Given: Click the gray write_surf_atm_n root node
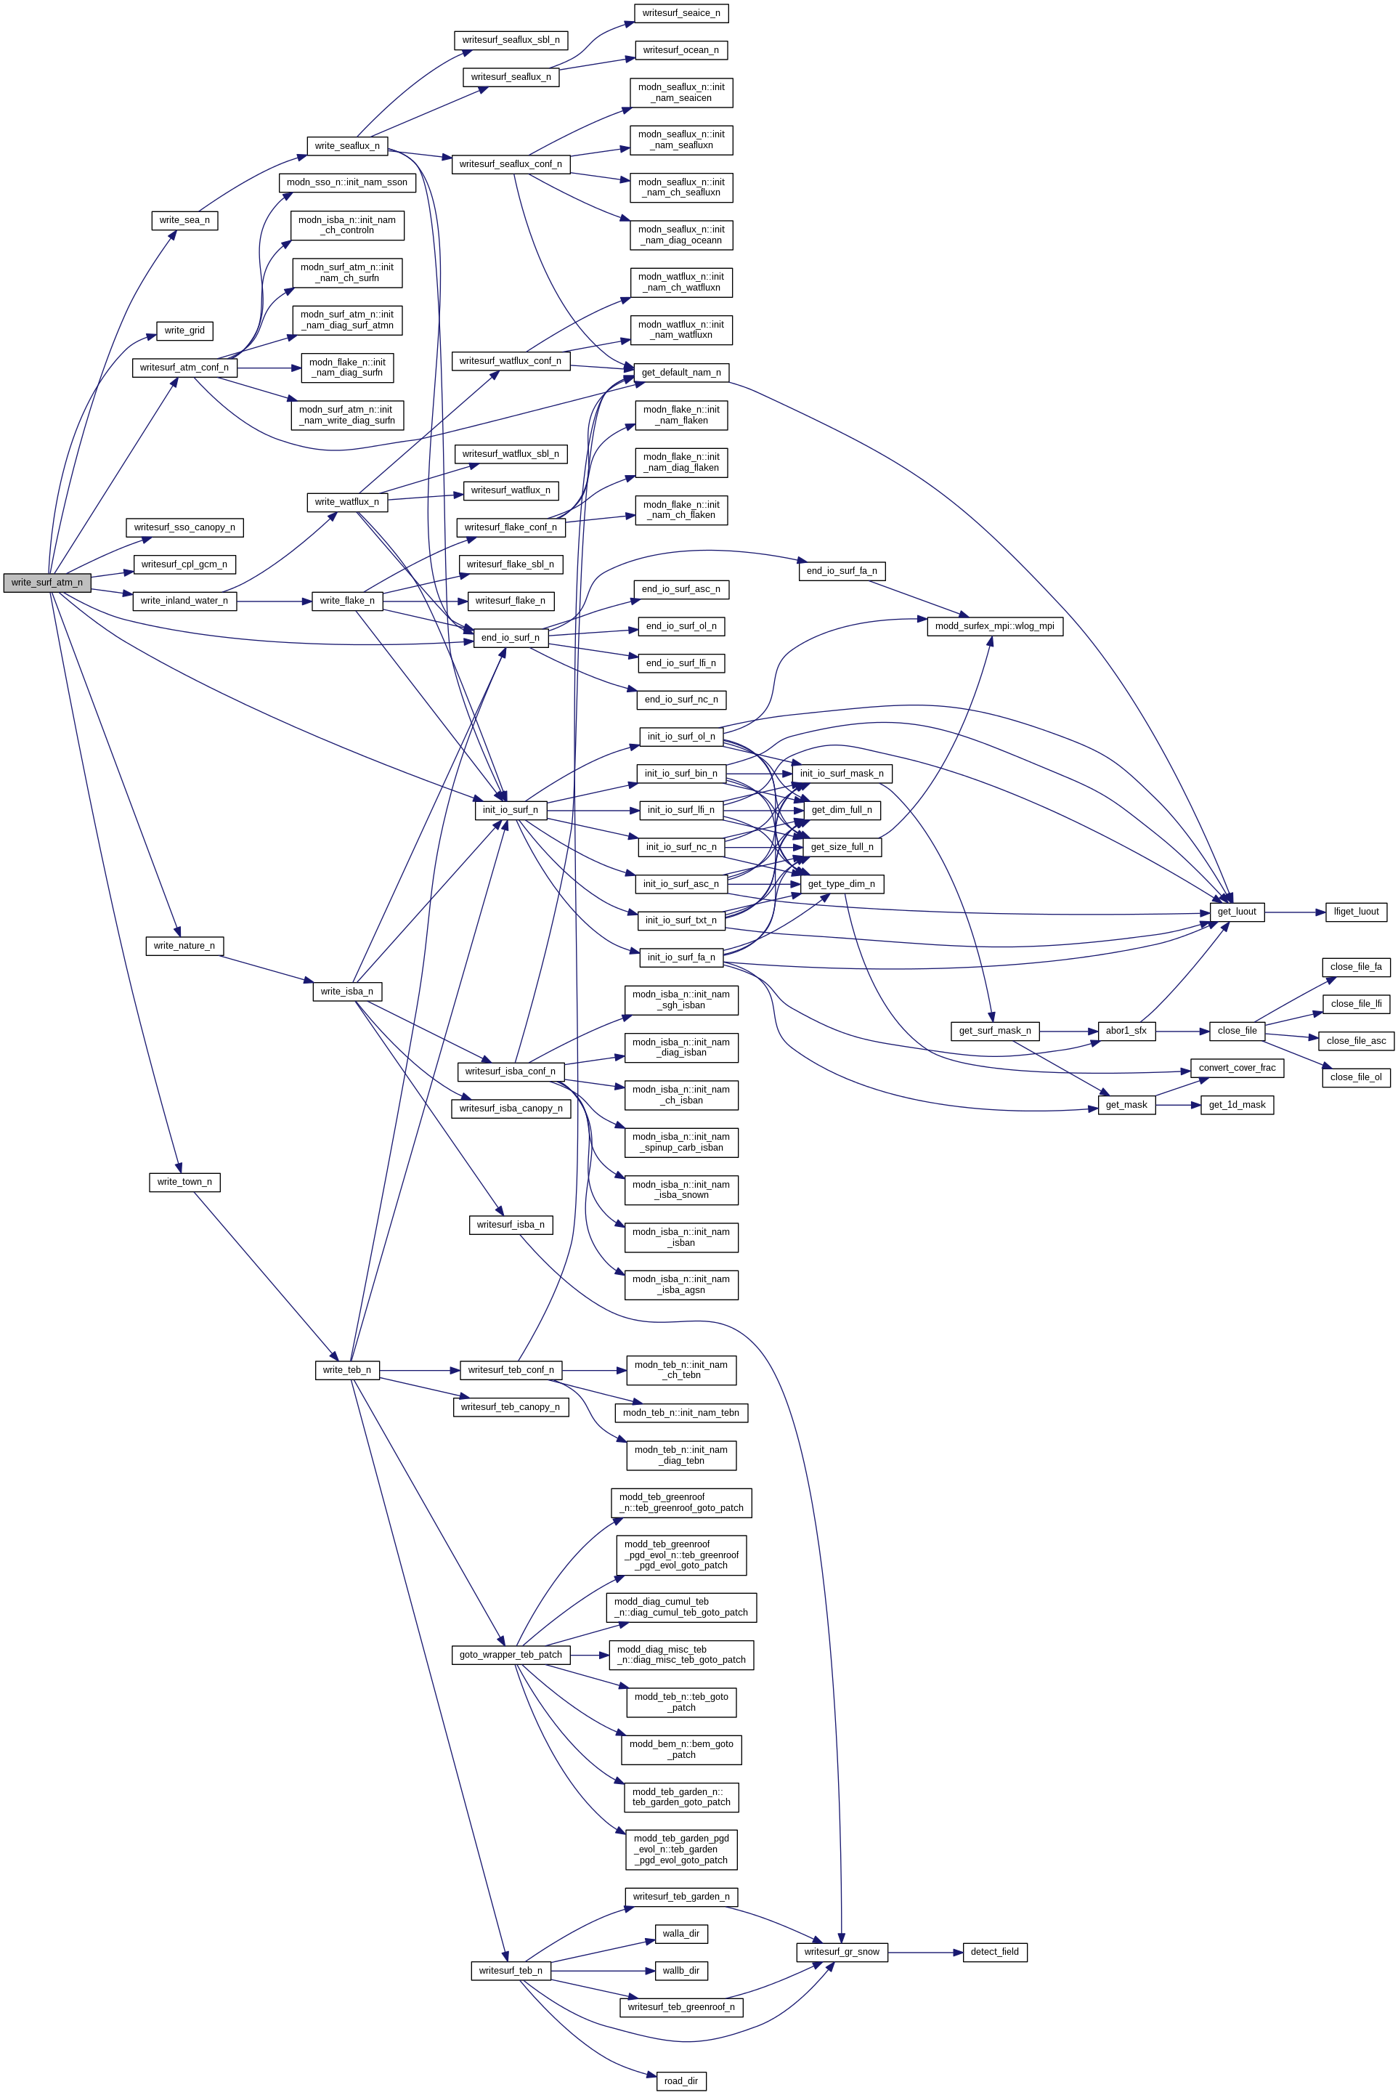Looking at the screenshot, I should pos(46,583).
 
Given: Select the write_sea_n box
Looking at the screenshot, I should pos(184,220).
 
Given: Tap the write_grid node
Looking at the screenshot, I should pos(184,331).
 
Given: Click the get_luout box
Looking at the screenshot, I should pos(1237,912).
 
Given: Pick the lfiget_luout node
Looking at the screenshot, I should pos(1356,912).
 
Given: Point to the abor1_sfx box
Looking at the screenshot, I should pos(1126,1031).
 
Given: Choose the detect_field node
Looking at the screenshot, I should pos(994,1953).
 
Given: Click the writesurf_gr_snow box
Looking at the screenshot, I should pos(841,1953).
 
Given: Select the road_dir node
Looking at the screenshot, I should pos(681,2082).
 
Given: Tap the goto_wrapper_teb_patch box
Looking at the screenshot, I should pos(511,1656).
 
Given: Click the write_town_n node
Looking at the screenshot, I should pos(184,1183).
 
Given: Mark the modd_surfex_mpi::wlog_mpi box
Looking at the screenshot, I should pos(994,626).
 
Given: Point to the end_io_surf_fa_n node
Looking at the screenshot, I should pos(841,571).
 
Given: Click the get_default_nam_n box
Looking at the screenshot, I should pos(681,373).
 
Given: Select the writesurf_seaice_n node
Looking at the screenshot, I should pos(681,13).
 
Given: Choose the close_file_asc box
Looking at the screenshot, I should pos(1356,1041).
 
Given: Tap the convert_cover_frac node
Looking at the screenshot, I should pos(1237,1069).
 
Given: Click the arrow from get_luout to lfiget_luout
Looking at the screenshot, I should pos(1295,912).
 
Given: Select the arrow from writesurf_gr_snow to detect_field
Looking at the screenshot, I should pos(925,1953).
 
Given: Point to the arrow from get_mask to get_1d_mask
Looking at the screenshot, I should pos(1178,1105).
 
